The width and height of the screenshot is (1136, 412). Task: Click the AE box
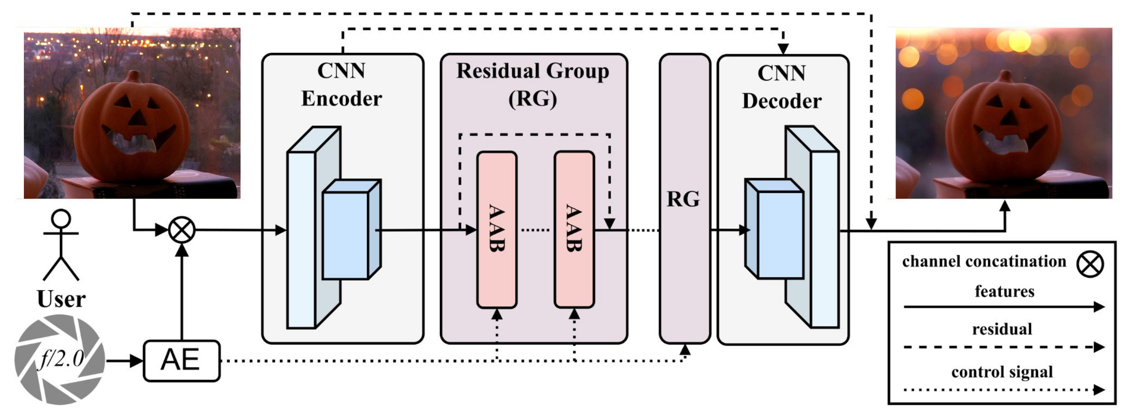(182, 360)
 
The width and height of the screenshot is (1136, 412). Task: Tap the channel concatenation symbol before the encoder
(182, 230)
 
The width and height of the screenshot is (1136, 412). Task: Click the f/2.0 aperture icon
(60, 359)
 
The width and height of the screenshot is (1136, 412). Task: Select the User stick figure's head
(61, 219)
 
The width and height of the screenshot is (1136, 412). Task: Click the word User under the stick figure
(61, 299)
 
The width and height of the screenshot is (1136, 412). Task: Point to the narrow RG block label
(683, 199)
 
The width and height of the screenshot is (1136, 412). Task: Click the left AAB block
(497, 229)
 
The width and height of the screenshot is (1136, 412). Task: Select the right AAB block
(574, 229)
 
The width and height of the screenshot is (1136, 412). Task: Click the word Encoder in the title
(342, 99)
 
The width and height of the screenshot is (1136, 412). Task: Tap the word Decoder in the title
(782, 101)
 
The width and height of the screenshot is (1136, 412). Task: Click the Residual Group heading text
(533, 71)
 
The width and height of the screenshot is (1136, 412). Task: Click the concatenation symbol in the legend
(1090, 264)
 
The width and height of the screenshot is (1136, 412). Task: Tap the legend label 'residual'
(1002, 329)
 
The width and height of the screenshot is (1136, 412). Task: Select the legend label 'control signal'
(1002, 372)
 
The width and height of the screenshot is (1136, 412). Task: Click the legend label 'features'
(1004, 291)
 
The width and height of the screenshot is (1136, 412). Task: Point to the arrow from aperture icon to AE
(124, 361)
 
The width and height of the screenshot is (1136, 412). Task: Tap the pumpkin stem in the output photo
(1005, 77)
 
